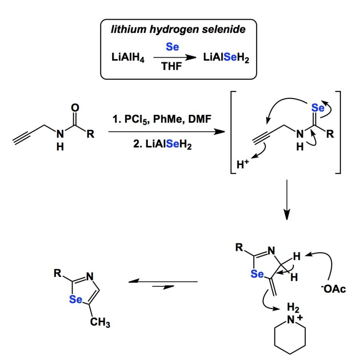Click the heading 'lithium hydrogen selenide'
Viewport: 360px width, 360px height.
coord(178,30)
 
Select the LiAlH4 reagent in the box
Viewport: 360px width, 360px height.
coord(128,58)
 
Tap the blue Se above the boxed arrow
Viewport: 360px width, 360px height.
coord(172,47)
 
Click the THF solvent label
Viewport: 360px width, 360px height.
coord(172,67)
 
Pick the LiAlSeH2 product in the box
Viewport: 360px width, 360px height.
coord(227,58)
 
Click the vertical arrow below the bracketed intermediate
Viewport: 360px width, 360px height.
coord(287,199)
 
